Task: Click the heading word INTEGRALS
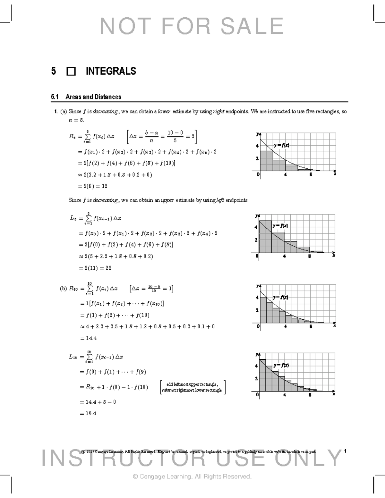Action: (111, 71)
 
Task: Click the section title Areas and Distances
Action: (93, 97)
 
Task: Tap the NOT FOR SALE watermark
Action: (192, 26)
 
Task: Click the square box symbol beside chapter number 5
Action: (71, 71)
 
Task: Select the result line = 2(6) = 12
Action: (93, 186)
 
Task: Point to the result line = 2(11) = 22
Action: (95, 268)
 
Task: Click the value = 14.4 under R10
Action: (88, 338)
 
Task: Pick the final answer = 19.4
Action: (88, 413)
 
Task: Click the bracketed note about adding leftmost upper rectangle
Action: (193, 387)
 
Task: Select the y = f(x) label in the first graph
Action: (281, 145)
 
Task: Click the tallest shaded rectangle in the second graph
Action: (265, 236)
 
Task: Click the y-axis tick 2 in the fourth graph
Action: (256, 378)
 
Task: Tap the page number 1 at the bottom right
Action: (345, 451)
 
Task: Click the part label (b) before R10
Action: (63, 289)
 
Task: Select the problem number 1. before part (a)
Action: (56, 112)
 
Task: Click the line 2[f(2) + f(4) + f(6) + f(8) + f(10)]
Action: (127, 163)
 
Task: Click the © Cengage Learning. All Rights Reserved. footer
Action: (192, 477)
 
